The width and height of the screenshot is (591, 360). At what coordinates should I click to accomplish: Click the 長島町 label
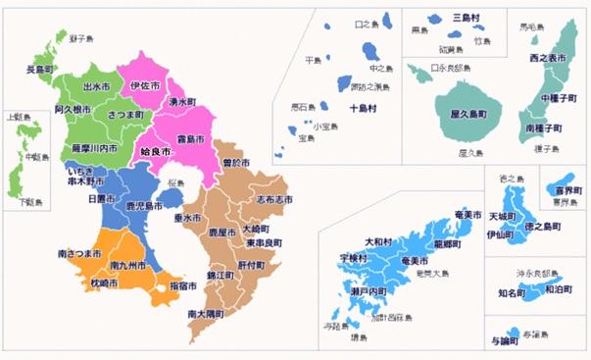[38, 70]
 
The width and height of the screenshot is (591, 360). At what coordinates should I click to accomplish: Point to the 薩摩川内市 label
[95, 148]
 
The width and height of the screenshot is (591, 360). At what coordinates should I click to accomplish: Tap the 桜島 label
[176, 183]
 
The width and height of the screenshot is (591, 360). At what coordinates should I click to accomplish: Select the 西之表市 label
[546, 61]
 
